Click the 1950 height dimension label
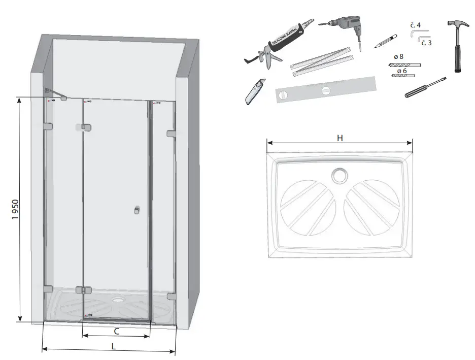(15, 209)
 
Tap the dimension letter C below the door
(116, 332)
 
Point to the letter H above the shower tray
(339, 138)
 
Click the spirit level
(326, 90)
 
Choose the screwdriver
(425, 87)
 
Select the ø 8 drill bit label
(400, 57)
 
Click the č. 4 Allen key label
(415, 24)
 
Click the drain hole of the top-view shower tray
(338, 176)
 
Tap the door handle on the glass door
(136, 210)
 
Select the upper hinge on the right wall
(171, 134)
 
